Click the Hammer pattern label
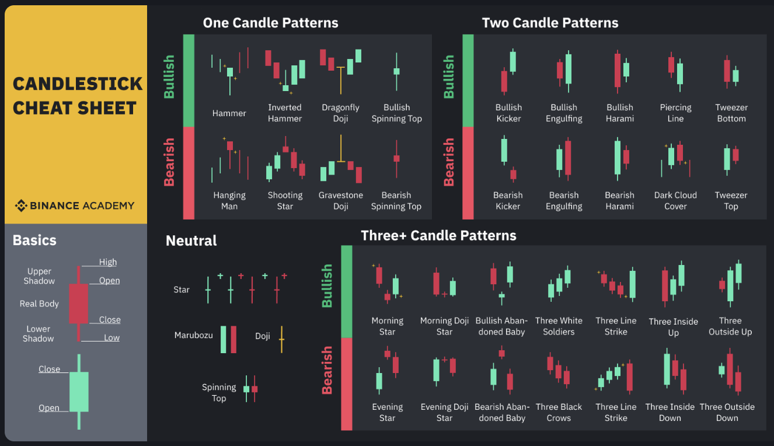229,113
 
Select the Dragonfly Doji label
340,113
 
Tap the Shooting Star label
285,200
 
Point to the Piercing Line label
675,113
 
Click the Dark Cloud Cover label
675,200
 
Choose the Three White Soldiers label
559,326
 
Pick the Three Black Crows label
559,412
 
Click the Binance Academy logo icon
21,205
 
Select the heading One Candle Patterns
270,23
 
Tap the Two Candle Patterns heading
550,23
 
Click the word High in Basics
108,262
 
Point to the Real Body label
39,304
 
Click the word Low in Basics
111,337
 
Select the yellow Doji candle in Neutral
281,339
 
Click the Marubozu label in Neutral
193,335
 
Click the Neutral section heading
191,241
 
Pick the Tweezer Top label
731,200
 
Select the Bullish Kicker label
508,113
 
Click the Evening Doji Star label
444,412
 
